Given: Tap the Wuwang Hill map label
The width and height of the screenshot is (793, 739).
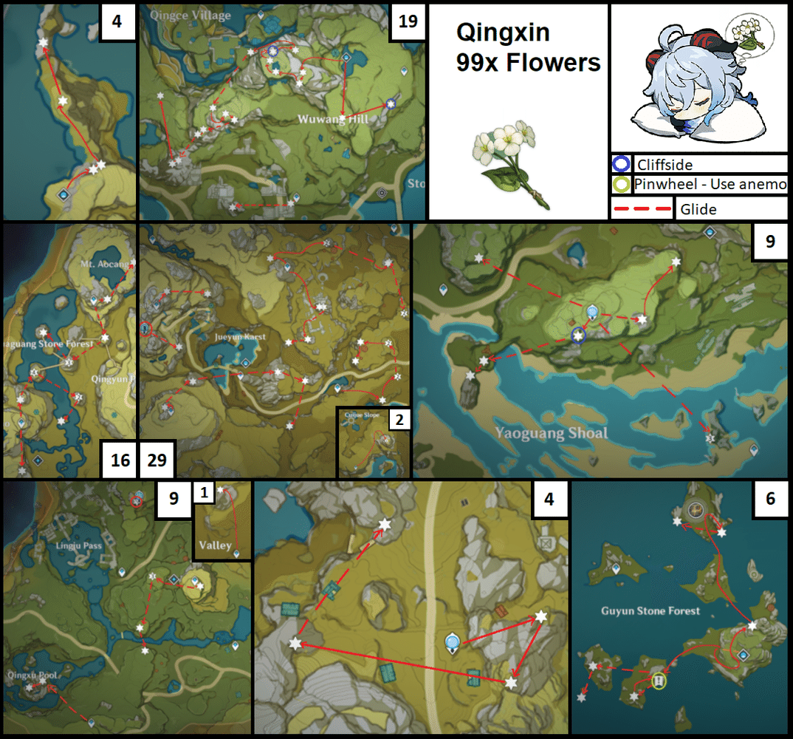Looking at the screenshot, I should (x=333, y=119).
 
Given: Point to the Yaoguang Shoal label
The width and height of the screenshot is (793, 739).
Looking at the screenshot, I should (x=551, y=433).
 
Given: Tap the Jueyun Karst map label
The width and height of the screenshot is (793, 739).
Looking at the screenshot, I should (x=239, y=336).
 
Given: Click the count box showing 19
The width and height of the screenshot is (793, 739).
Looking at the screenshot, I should (x=408, y=21).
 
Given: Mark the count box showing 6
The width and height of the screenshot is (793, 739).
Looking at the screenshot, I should (x=770, y=499).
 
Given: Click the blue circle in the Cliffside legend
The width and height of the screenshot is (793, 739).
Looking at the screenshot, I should (x=620, y=163).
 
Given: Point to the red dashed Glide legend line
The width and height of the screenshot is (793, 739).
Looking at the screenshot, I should (x=642, y=208).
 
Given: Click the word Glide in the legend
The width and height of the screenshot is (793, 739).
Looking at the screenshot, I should (x=698, y=209).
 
